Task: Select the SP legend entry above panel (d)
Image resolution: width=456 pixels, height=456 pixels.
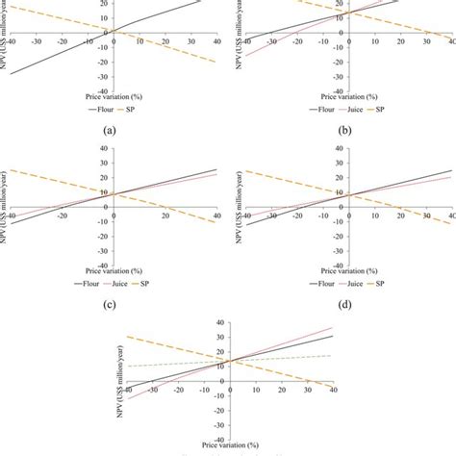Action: click(381, 285)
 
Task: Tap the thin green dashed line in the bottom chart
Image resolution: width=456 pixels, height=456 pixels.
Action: click(173, 363)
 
